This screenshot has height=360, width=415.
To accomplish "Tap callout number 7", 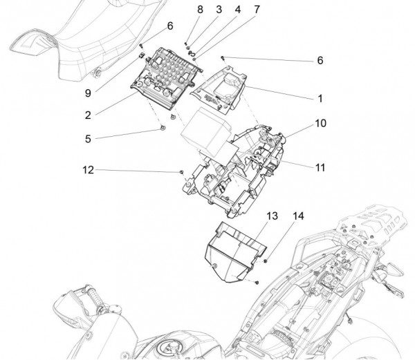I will (237, 10).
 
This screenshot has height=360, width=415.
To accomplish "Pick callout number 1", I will (320, 99).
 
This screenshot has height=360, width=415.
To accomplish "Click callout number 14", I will (298, 217).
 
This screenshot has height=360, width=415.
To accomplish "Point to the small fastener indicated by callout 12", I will (181, 171).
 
